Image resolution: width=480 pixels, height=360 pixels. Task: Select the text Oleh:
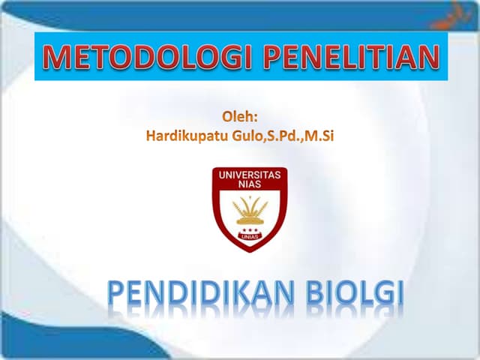coord(241,118)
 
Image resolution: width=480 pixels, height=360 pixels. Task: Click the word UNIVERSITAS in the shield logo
coord(250,175)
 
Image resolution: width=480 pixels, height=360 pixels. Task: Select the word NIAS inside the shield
coord(250,184)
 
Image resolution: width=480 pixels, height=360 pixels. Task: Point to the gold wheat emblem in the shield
coord(250,209)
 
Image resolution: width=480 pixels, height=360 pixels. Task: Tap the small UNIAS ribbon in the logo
coord(250,237)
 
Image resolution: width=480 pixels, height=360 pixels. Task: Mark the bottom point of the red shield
coord(250,251)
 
